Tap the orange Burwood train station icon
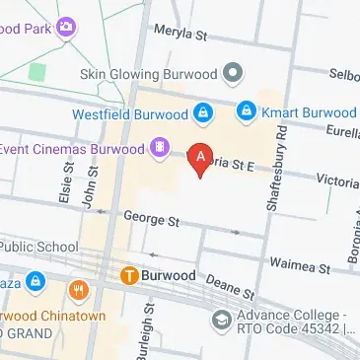click(128, 274)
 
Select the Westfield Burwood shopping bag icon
click(202, 113)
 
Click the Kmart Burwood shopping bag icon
click(247, 113)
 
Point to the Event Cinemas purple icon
click(157, 149)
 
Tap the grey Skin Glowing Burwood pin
click(233, 74)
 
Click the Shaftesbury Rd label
click(275, 168)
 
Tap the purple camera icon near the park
click(67, 27)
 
